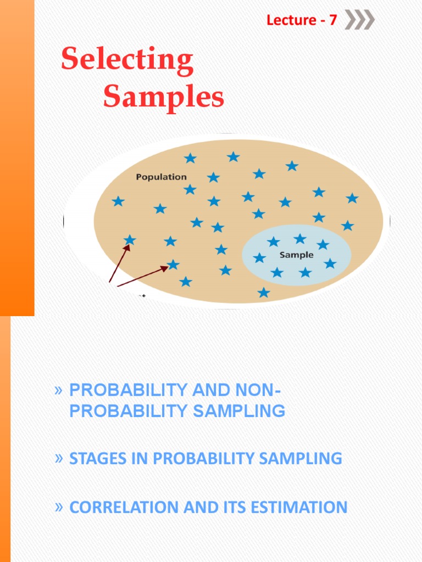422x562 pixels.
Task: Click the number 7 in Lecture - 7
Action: click(332, 21)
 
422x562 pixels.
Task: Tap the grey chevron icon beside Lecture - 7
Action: click(360, 20)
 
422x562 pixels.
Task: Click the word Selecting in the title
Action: click(127, 60)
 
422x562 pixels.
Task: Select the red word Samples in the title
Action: click(164, 98)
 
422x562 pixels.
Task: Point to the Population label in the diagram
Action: click(161, 177)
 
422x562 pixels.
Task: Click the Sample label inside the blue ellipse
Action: click(297, 255)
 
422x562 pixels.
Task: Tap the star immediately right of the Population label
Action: click(213, 177)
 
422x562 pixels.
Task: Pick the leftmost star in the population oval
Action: click(118, 201)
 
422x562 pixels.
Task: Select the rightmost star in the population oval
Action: click(352, 198)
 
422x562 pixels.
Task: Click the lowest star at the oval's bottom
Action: click(264, 293)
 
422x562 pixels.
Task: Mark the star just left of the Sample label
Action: click(259, 257)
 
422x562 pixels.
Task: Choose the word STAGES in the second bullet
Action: click(95, 459)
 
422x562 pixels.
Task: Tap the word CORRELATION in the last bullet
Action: click(120, 507)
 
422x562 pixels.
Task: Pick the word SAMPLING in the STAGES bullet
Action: click(301, 459)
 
